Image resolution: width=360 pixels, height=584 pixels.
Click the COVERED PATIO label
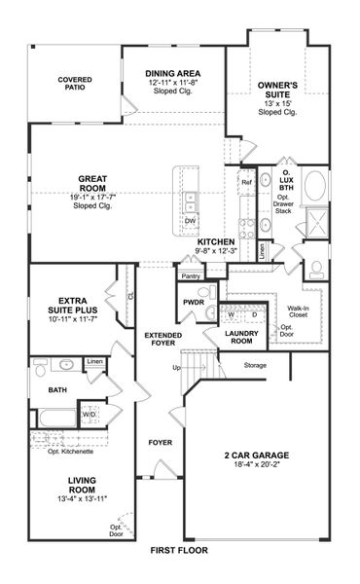click(x=75, y=84)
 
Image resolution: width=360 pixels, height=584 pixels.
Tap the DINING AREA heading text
click(x=173, y=74)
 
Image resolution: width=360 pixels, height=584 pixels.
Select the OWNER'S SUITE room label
click(x=277, y=91)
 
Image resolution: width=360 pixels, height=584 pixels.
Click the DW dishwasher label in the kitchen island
click(x=190, y=221)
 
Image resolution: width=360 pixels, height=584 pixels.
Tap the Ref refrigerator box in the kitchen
click(x=246, y=182)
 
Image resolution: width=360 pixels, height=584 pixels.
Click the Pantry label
click(x=190, y=276)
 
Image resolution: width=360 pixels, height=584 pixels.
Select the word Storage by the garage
click(x=255, y=365)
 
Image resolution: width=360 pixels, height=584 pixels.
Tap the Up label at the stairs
click(x=176, y=368)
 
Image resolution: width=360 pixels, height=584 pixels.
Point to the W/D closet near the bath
click(x=89, y=414)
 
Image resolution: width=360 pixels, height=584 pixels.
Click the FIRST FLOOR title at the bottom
click(x=179, y=550)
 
